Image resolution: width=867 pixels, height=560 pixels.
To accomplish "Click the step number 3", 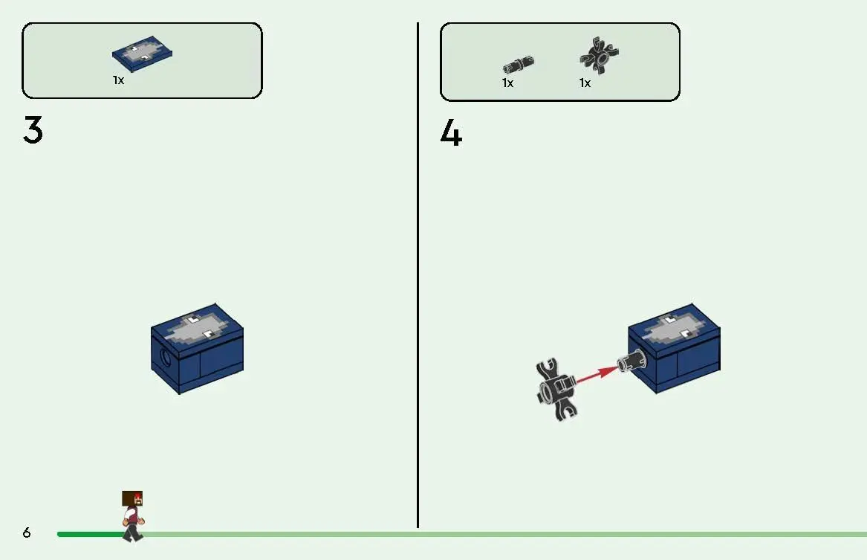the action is (x=33, y=130).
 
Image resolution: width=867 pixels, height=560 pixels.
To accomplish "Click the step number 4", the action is (x=451, y=133).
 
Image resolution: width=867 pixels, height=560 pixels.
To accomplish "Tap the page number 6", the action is (x=27, y=532).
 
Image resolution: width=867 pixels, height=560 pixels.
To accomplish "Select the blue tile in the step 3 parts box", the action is (x=142, y=54).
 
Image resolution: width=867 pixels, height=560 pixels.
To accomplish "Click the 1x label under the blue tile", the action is (x=118, y=80).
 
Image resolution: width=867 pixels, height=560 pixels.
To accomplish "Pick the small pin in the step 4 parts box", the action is (x=518, y=64).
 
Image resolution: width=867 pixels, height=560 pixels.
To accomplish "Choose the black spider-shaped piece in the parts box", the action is (x=600, y=55).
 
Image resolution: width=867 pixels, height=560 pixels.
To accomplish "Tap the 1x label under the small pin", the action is (x=507, y=83).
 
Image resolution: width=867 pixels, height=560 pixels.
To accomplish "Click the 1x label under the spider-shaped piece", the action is (x=585, y=83).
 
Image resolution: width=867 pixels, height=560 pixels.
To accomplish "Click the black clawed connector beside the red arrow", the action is (x=556, y=389).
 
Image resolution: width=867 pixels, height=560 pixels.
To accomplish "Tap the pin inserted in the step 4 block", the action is (x=631, y=360).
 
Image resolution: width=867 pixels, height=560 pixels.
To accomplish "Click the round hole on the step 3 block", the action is (x=166, y=358).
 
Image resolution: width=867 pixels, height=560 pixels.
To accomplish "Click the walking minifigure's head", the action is (x=132, y=498).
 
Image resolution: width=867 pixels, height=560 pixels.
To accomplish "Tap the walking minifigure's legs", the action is (x=132, y=533).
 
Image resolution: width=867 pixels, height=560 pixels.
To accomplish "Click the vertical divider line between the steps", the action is (x=418, y=275).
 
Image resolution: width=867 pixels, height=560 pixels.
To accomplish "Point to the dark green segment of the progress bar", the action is (x=91, y=534).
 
